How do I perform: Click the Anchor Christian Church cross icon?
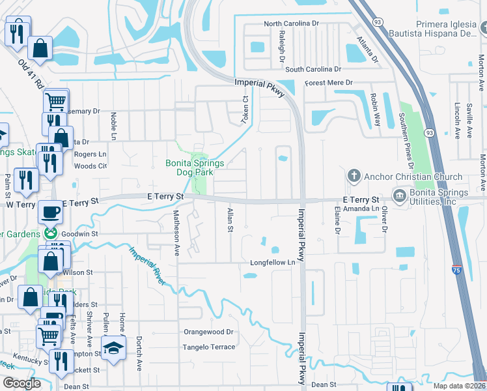pos(354,176)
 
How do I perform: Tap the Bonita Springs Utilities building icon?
pos(399,195)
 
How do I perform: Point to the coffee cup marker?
pos(51,212)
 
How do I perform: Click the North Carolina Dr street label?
pos(291,23)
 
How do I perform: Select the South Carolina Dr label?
pos(313,69)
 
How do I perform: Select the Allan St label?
pos(229,220)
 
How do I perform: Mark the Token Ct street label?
pos(246,108)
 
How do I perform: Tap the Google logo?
pos(21,383)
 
